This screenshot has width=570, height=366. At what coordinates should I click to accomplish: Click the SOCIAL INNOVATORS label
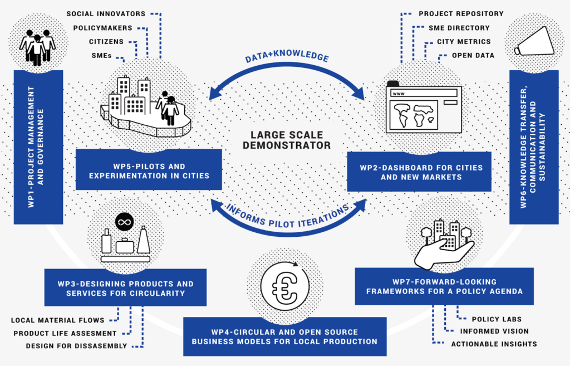105,13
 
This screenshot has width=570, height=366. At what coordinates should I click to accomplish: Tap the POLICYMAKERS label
102,28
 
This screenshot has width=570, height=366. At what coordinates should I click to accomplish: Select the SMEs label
101,56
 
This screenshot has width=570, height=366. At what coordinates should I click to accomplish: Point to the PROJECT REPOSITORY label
461,13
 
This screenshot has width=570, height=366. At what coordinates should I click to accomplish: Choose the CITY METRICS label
463,42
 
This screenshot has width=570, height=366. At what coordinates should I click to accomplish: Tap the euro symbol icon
284,282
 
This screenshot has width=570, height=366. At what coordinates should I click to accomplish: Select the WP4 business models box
284,336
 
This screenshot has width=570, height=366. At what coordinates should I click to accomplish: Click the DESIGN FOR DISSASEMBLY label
76,346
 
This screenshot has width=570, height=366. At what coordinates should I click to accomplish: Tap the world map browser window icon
423,109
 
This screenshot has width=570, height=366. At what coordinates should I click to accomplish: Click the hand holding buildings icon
444,243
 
